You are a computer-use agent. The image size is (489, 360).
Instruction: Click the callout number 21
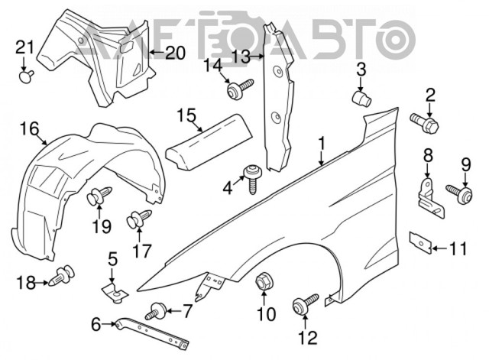point(25,50)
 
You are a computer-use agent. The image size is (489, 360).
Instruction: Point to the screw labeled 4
point(250,174)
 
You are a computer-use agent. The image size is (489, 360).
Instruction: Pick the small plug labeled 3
point(361,99)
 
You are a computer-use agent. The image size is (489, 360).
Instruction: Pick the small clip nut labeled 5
point(113,289)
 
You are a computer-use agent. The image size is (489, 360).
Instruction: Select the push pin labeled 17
point(138,220)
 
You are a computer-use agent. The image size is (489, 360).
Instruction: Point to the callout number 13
point(241,56)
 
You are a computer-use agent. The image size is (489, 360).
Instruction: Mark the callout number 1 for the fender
point(322,142)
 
